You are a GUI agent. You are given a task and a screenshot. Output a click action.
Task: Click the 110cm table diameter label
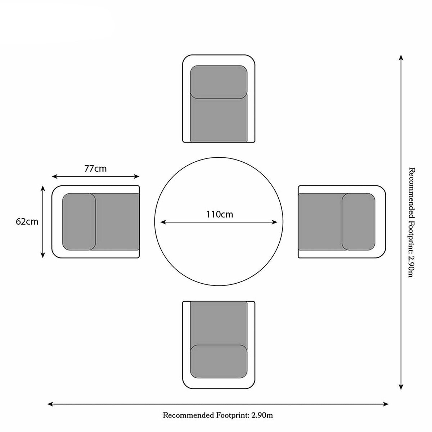point(220,215)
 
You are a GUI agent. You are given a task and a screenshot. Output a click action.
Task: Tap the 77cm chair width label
point(95,168)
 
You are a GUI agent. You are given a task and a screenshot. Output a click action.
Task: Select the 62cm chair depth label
point(27,222)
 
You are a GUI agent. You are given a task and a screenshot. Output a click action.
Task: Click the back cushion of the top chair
point(219,82)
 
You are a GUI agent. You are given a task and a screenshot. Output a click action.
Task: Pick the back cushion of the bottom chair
point(219,361)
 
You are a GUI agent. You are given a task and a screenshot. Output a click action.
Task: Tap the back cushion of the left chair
point(79,222)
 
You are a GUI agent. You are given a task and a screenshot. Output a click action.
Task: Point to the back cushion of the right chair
point(359,222)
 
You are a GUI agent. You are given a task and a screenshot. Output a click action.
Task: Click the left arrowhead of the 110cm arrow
point(163,222)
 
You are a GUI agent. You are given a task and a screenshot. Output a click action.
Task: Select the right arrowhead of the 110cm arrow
point(275,222)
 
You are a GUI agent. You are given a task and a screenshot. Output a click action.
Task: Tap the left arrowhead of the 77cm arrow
point(54,176)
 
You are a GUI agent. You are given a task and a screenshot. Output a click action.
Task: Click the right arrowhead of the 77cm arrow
point(137,176)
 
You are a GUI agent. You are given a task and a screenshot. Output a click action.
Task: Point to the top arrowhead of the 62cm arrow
point(43,188)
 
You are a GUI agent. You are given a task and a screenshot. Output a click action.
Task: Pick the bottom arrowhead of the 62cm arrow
point(43,255)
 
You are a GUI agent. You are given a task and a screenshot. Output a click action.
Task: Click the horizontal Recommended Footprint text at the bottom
point(218,415)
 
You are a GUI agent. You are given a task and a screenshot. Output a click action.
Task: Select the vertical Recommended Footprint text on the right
point(411,222)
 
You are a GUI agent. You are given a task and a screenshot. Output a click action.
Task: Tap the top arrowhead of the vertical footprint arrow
point(401,58)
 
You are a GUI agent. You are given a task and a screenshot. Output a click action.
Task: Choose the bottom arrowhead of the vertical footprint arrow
point(401,387)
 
